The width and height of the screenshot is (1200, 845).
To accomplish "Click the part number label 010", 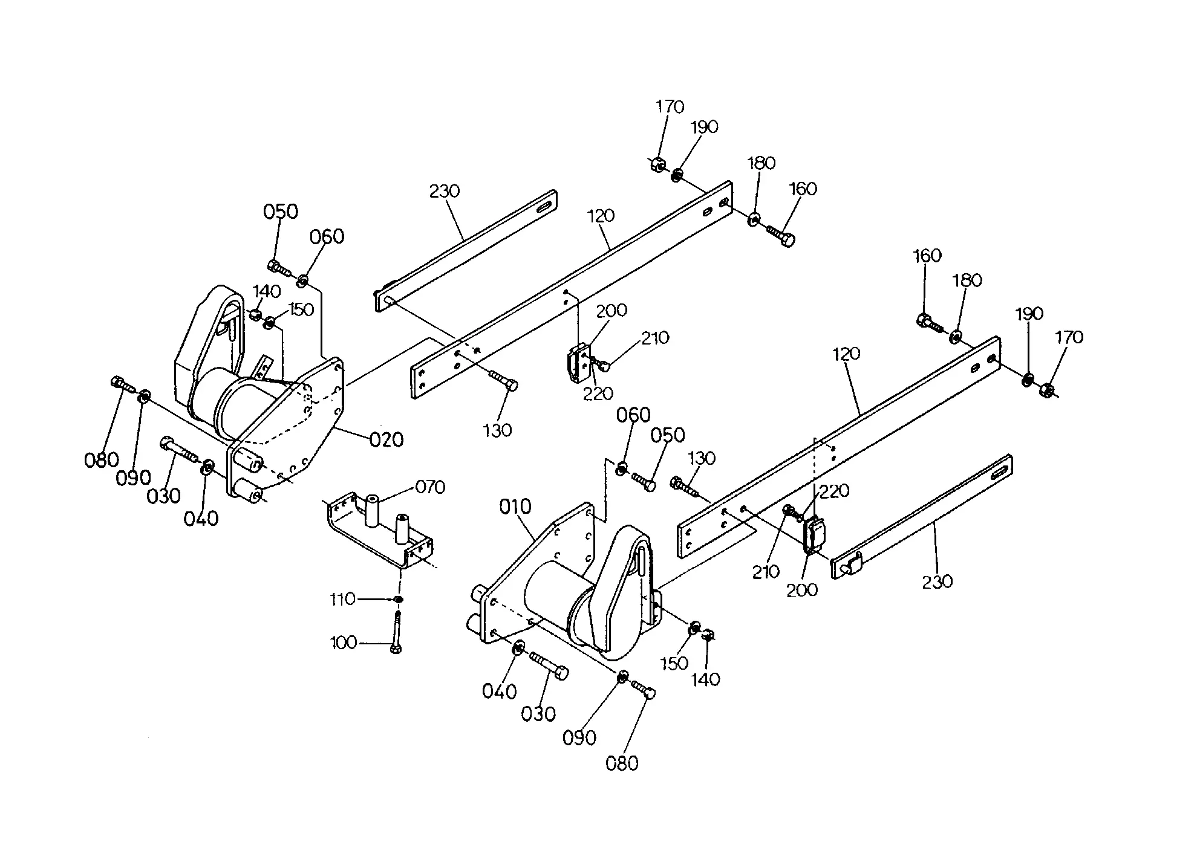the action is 515,507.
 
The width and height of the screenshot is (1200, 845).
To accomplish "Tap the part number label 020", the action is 386,439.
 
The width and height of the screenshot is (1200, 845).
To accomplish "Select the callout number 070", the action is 431,487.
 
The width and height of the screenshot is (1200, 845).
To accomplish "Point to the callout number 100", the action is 344,643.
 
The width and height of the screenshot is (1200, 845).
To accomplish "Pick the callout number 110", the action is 342,599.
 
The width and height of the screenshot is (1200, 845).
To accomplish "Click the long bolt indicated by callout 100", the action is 396,632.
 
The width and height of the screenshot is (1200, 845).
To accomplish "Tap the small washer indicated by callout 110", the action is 399,599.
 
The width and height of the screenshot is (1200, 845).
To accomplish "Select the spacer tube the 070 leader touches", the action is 371,510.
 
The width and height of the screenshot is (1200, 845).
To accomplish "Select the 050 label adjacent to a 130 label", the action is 668,435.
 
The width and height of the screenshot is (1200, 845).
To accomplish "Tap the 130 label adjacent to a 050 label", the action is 702,458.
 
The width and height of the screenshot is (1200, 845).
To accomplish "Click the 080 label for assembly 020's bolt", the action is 102,460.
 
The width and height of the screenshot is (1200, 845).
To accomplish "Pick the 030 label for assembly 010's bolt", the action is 538,714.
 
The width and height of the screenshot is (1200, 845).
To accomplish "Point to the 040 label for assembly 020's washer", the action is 201,518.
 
